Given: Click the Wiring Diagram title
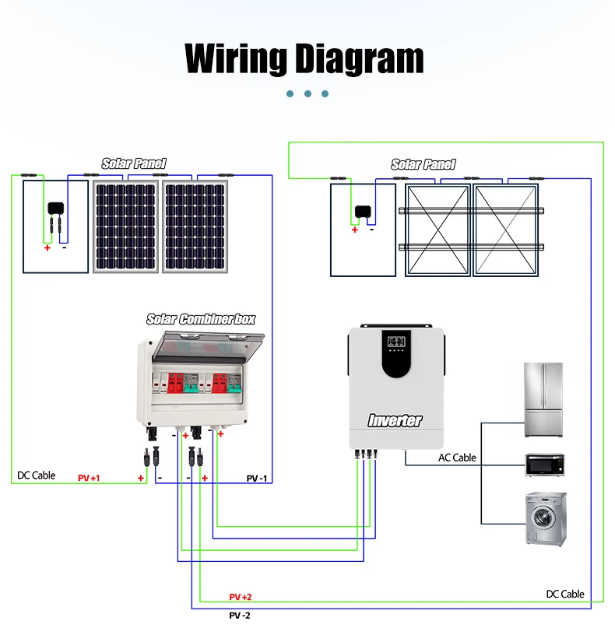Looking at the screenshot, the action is pos(304,59).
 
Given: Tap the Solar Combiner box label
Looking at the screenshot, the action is pos(201,319).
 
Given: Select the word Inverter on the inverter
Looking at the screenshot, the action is pos(395,420).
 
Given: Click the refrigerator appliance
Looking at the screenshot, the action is pos(543,400).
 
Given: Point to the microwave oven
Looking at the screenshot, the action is pos(545,465).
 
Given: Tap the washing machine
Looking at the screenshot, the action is pos(546,519).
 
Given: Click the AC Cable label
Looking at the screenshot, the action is pos(457,458).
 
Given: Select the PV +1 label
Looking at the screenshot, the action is pos(89,478).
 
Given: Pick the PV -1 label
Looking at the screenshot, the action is pos(257,479).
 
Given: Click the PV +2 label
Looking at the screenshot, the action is pos(241,597).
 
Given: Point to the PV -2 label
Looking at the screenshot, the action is pos(240,616).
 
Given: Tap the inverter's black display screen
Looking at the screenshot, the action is pos(396,353).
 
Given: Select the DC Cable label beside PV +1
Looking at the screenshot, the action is pos(36,475).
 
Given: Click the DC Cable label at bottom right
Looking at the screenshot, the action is pos(565,594).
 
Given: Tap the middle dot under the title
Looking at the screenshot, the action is pos(308,94).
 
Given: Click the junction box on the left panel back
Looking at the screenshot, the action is pos(56,208).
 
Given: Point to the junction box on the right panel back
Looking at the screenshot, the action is pos(363,212).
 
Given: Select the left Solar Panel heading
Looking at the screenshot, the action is pos(134,163).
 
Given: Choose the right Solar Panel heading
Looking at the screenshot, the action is pos(423,164).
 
